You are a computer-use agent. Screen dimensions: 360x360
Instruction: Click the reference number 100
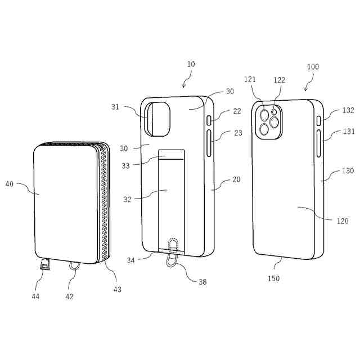(313, 67)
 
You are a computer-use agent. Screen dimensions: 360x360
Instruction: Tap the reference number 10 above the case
(191, 64)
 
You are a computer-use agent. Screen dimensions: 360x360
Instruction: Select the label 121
(250, 79)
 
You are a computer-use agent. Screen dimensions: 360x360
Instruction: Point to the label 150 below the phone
(274, 278)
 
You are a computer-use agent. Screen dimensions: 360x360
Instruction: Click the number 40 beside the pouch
(10, 184)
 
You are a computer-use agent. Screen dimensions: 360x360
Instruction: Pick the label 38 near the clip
(202, 282)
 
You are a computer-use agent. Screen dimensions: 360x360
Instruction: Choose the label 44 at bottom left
(35, 296)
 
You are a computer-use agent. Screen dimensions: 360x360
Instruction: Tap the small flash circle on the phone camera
(274, 112)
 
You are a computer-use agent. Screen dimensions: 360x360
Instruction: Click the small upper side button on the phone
(319, 121)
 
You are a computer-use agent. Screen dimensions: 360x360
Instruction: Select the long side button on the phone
(319, 143)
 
